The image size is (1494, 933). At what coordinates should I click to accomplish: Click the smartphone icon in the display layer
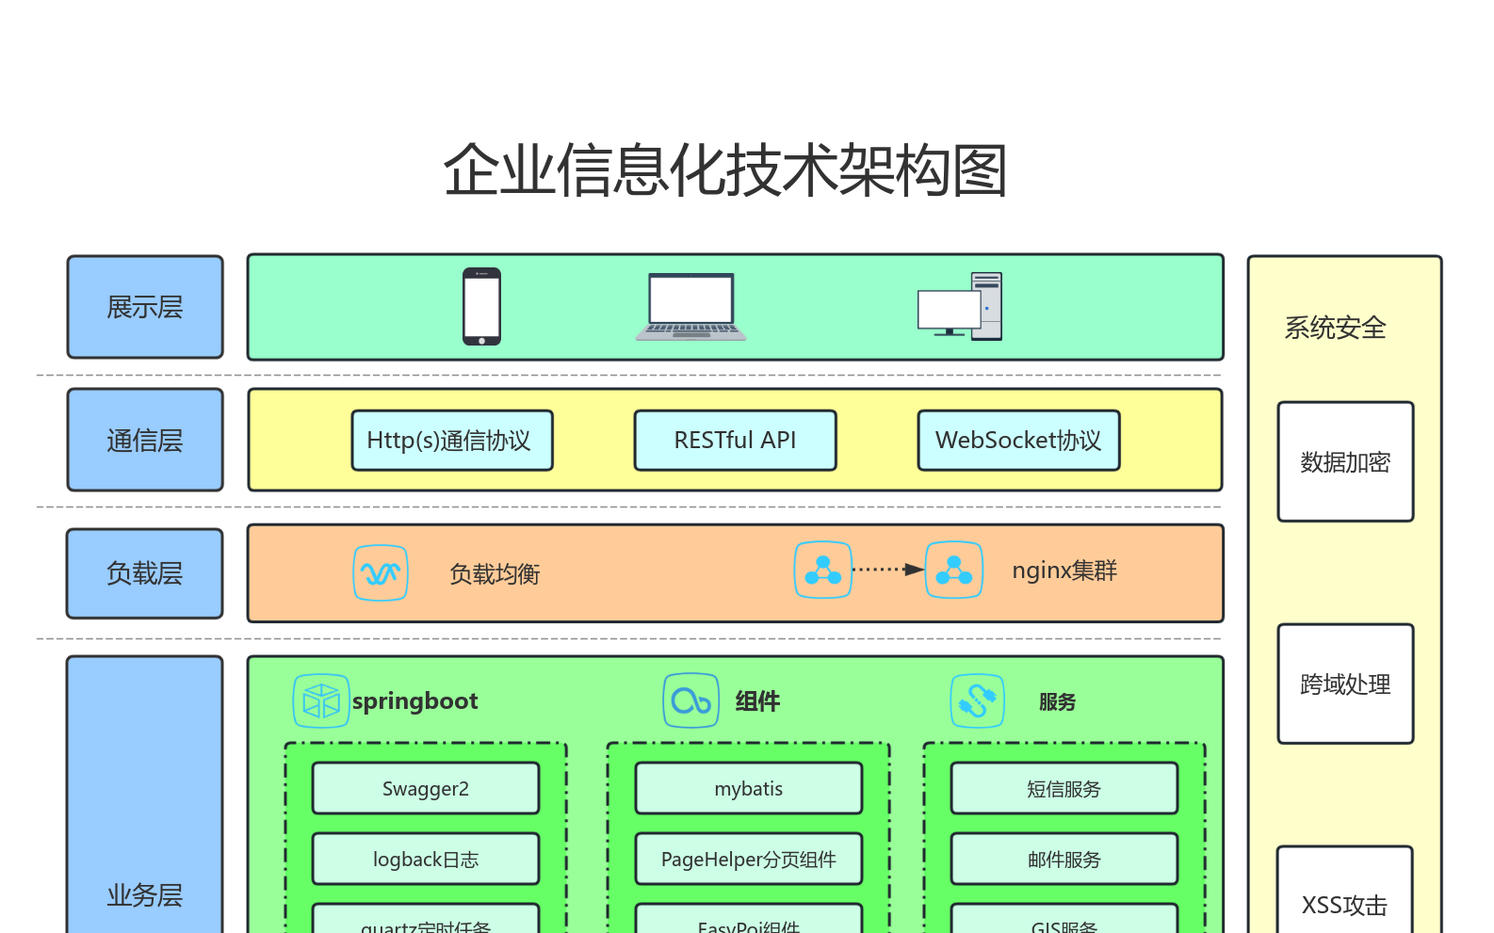[481, 307]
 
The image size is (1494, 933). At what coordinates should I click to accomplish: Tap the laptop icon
[690, 307]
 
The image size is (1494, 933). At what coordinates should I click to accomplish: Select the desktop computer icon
[960, 307]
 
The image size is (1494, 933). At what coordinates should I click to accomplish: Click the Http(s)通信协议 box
[452, 441]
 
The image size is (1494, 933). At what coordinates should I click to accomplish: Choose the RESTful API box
[735, 441]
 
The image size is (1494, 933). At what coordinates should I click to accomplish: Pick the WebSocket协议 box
[1018, 441]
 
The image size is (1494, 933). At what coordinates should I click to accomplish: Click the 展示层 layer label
[145, 307]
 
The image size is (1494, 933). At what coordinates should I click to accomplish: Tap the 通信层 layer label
[145, 440]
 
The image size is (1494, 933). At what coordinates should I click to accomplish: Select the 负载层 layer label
[145, 573]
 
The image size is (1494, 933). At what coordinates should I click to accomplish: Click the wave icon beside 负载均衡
[381, 572]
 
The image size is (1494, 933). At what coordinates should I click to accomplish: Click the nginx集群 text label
[1064, 571]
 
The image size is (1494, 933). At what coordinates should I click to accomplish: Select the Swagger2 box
[426, 789]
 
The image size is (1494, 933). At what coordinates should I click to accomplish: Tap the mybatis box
[749, 789]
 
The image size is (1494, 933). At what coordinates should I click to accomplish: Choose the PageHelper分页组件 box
[749, 859]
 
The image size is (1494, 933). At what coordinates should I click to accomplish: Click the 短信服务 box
[1064, 789]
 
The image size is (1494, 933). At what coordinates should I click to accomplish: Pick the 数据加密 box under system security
[1345, 462]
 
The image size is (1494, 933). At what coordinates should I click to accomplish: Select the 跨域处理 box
[1345, 684]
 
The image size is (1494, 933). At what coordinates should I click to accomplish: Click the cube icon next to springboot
[321, 701]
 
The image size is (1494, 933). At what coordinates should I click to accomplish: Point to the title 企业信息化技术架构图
[725, 170]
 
